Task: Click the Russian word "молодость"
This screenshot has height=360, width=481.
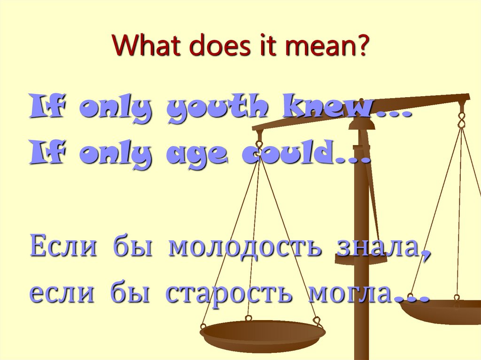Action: [x=245, y=247]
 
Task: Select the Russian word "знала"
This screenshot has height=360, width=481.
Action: [x=376, y=247]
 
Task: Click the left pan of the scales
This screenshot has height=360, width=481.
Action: [x=262, y=334]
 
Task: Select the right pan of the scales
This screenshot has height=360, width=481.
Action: [x=446, y=311]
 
